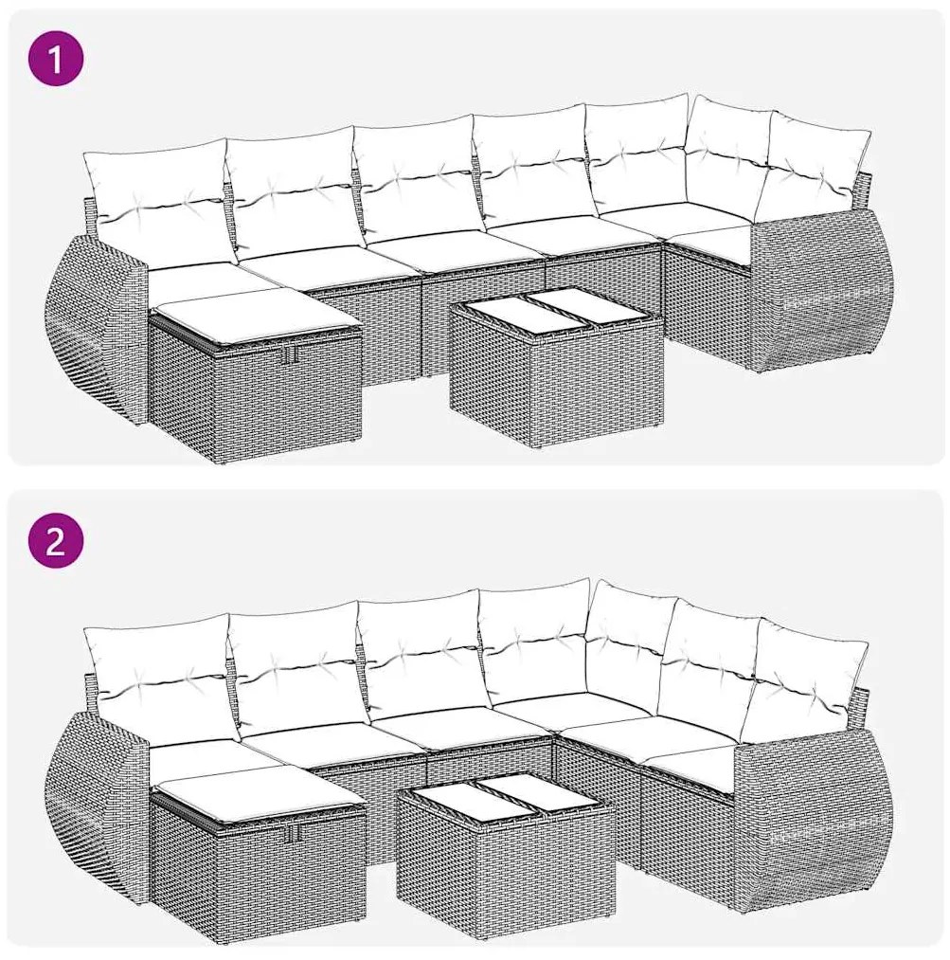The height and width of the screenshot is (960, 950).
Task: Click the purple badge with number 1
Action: (x=55, y=59)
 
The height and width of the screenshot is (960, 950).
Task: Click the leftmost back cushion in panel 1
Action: (x=156, y=204)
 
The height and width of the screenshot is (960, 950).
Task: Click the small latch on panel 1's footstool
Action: (x=294, y=353)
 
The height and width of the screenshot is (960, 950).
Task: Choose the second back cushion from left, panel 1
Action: (x=294, y=190)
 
